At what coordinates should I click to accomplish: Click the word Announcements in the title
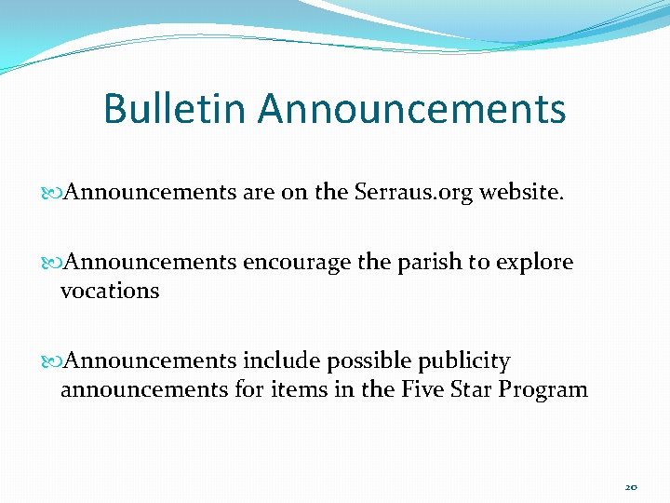coord(412,108)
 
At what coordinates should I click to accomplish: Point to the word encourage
coord(296,263)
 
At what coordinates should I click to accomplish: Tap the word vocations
coord(110,291)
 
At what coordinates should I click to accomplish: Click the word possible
coord(370,361)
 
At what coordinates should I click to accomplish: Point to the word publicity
coord(464,361)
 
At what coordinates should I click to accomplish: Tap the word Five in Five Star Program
coord(421,389)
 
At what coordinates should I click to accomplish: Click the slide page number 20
coord(631,487)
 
